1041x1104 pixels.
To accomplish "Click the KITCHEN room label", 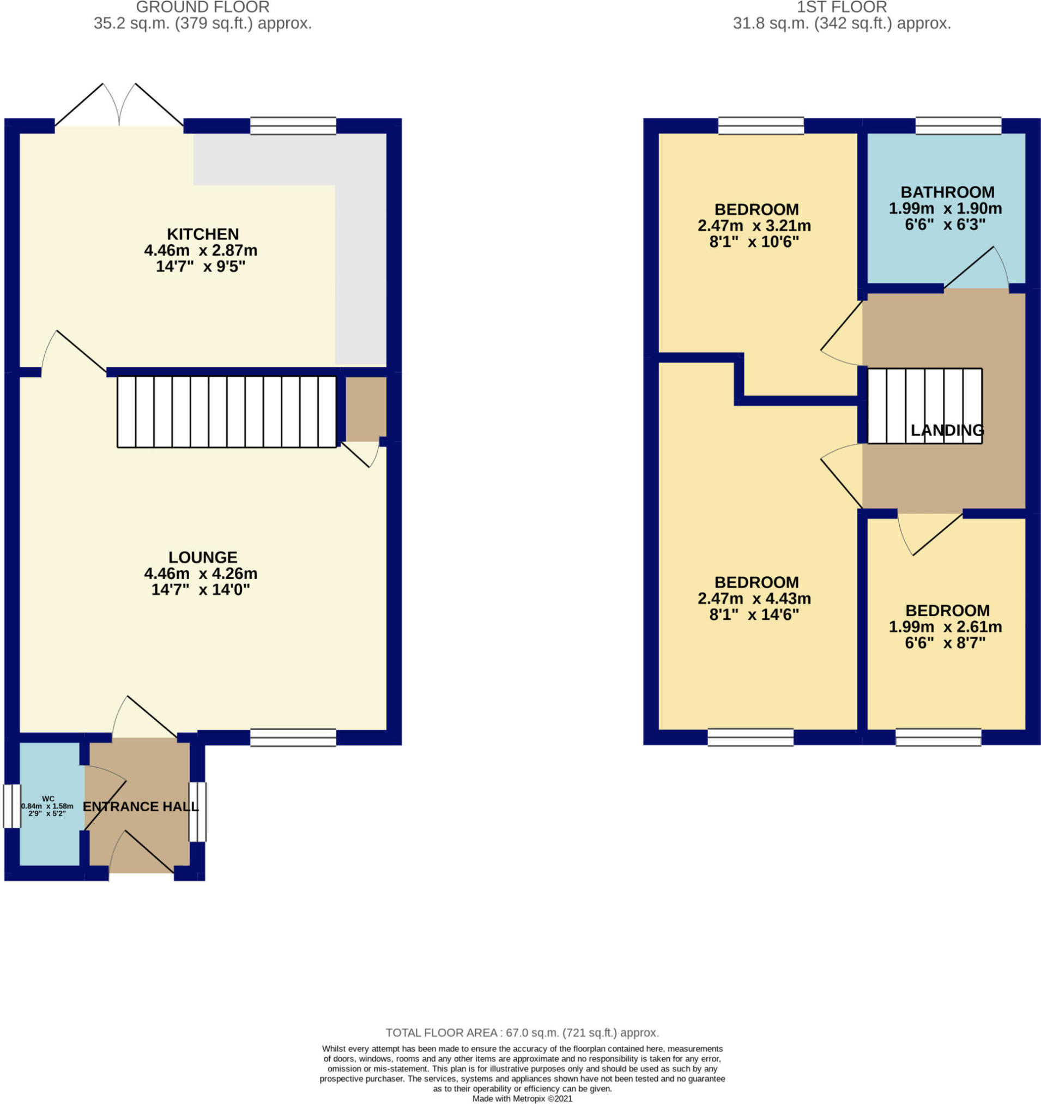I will tap(203, 234).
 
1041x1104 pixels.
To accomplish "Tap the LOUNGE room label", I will tap(203, 557).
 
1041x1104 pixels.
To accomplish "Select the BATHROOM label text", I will tap(947, 192).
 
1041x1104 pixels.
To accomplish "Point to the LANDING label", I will tap(947, 430).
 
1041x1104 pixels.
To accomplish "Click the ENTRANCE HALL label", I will tap(141, 806).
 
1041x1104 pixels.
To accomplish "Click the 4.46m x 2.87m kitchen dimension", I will tap(201, 250).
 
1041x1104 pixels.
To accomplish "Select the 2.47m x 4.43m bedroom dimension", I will tap(754, 599).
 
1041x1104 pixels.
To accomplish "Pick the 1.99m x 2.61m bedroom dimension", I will tap(945, 627).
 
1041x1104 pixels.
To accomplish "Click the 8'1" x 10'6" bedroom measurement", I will tap(754, 242).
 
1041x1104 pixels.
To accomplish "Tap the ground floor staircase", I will tap(227, 412).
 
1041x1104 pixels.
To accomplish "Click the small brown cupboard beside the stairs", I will tap(366, 408).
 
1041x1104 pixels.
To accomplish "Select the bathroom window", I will tap(958, 126).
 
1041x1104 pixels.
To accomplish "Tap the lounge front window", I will tap(293, 737).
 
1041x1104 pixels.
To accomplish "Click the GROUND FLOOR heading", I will tap(203, 7).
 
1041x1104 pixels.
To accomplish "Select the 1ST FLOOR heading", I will tap(842, 7).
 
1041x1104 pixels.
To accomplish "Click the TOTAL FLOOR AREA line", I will tap(522, 1033).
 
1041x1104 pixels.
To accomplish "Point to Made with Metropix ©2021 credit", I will tap(522, 1099).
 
